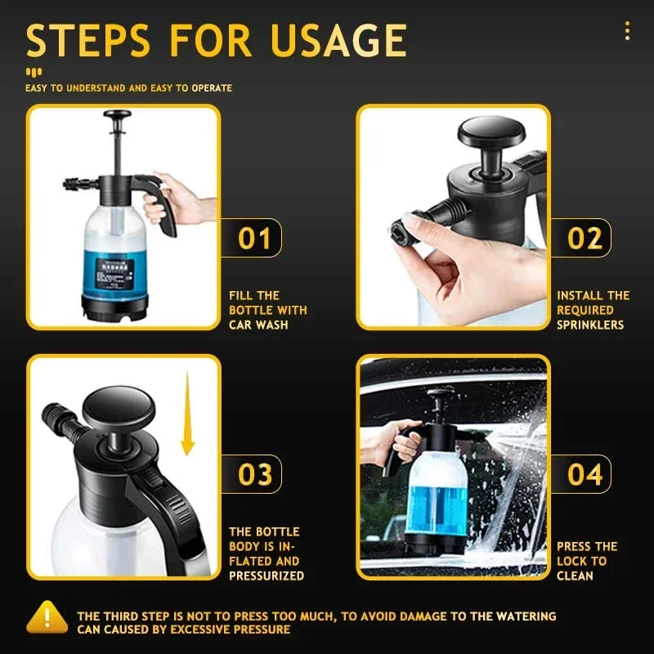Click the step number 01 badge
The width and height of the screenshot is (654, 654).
coord(254,239)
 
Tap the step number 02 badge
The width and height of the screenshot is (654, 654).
coord(585,239)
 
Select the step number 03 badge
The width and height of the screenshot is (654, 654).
coord(254,475)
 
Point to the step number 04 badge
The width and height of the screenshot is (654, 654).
coord(585,475)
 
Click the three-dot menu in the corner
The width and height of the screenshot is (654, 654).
coord(627,31)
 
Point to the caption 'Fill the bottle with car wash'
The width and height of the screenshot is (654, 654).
coord(267,311)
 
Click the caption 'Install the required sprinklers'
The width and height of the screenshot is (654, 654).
coord(593,311)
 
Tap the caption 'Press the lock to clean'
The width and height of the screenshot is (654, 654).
coord(586,561)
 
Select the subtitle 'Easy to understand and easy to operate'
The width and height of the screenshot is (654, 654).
coord(128,88)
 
